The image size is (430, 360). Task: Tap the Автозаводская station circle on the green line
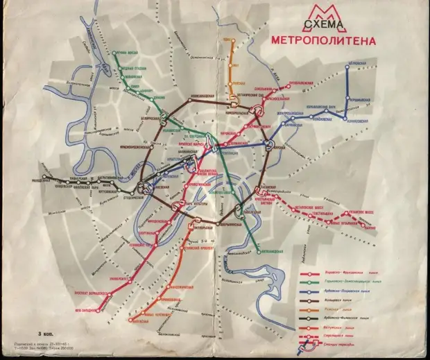260,248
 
